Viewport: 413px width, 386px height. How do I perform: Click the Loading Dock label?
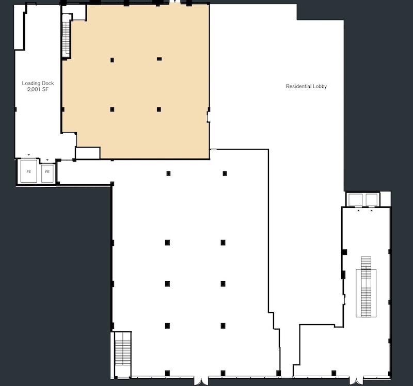38,83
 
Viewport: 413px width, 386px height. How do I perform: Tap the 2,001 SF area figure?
38,89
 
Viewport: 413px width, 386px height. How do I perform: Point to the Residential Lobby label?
306,86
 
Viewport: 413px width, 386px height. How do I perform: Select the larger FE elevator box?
29,171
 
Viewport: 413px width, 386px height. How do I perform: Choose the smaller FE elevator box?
47,173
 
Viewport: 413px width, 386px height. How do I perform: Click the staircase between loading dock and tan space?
66,39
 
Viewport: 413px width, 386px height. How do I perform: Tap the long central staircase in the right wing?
366,287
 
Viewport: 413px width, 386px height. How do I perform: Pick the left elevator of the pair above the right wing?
355,200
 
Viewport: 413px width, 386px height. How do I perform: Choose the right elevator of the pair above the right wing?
371,200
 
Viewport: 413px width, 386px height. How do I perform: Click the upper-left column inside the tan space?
112,60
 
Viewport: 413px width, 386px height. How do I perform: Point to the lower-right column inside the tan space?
159,109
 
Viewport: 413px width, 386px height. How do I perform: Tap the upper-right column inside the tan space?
159,59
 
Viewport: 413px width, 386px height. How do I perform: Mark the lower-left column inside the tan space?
112,109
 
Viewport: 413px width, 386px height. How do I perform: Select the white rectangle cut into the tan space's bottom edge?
88,153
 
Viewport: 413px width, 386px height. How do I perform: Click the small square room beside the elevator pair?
385,199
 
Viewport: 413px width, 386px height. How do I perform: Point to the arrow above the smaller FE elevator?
47,160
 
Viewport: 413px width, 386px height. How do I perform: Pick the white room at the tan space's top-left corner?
74,12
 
